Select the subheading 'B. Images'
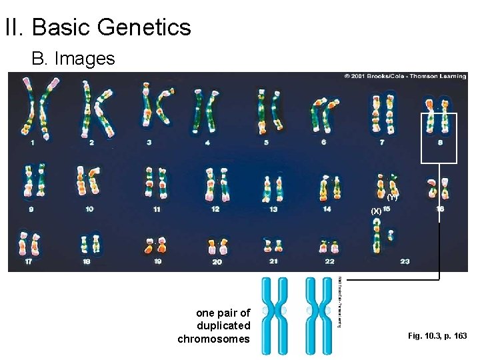pyautogui.click(x=73, y=59)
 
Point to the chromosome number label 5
pyautogui.click(x=266, y=143)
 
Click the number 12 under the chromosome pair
pyautogui.click(x=215, y=209)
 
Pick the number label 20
pyautogui.click(x=217, y=262)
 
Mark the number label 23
pyautogui.click(x=405, y=262)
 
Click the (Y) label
pyautogui.click(x=392, y=198)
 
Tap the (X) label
pyautogui.click(x=376, y=211)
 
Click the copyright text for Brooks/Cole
pyautogui.click(x=405, y=77)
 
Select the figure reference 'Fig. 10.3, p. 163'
pyautogui.click(x=437, y=336)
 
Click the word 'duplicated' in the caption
pyautogui.click(x=223, y=326)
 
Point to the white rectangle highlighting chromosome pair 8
pyautogui.click(x=439, y=137)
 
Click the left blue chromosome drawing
pyautogui.click(x=275, y=311)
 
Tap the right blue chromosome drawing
pyautogui.click(x=319, y=311)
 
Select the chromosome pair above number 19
pyautogui.click(x=157, y=245)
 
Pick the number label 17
pyautogui.click(x=28, y=262)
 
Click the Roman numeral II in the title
pyautogui.click(x=13, y=27)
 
